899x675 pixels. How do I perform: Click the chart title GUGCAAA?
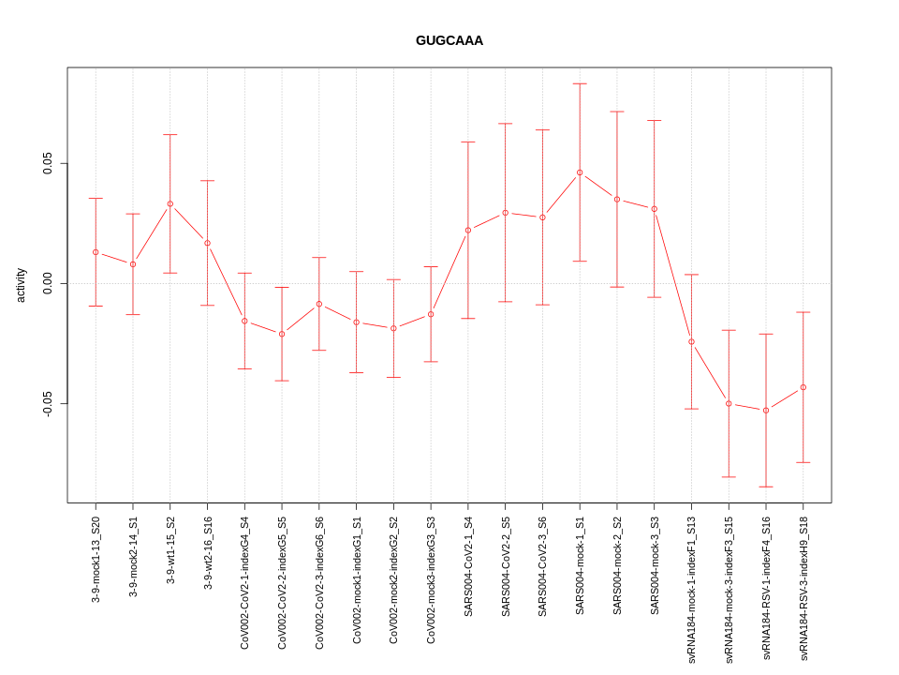tap(449, 40)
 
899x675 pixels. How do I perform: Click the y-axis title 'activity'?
tap(21, 285)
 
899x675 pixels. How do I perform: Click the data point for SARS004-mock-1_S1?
tap(580, 172)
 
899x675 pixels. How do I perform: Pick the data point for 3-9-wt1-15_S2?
tap(170, 203)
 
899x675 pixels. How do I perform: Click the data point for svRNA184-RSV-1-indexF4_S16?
tap(766, 411)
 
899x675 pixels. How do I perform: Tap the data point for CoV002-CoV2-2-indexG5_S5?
tap(282, 334)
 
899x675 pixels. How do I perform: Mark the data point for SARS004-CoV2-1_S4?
tap(468, 230)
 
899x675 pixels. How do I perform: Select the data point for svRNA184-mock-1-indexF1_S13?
tap(691, 341)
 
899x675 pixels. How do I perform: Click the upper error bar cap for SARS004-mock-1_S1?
tap(580, 83)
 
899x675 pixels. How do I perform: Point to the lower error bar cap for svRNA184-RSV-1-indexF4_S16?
tap(766, 487)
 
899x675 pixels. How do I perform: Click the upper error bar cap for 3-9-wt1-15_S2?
tap(170, 134)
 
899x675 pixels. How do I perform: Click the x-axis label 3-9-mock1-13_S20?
tap(96, 559)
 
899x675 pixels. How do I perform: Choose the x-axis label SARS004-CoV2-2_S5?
tap(506, 565)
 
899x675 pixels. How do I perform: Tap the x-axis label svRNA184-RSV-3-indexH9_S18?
tap(803, 589)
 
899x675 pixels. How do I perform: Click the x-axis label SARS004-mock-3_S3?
tap(655, 565)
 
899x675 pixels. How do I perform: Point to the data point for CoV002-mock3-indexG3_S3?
tap(431, 314)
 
